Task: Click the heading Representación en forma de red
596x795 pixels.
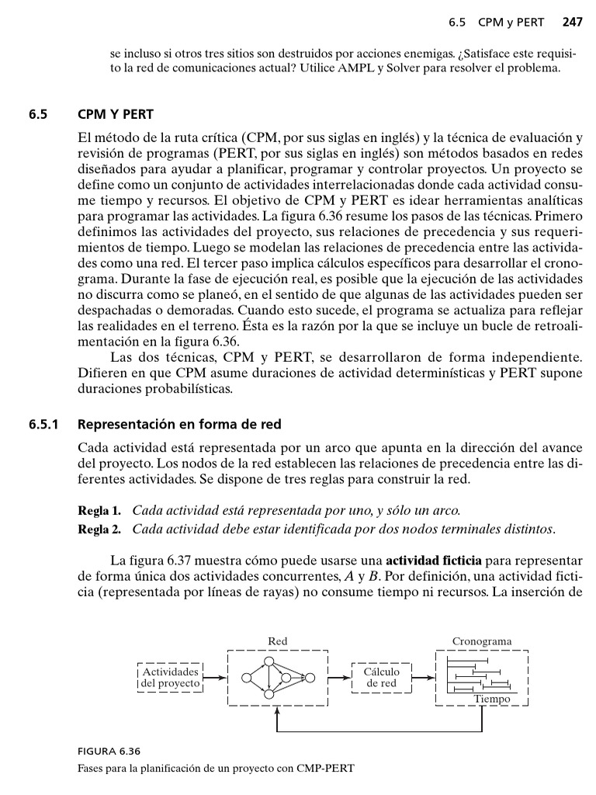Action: [180, 425]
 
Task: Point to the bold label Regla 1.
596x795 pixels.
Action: [100, 511]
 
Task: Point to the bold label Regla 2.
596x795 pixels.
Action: [100, 529]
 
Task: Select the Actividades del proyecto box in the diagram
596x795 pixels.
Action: [170, 677]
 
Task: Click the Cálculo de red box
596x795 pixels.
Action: [381, 677]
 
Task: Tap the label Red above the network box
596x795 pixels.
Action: [277, 641]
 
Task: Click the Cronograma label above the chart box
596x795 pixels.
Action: [482, 641]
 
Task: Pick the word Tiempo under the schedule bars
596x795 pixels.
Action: [492, 699]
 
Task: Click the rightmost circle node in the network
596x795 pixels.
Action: [309, 678]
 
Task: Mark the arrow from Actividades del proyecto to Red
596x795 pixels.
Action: [215, 678]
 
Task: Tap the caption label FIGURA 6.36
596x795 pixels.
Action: [109, 752]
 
